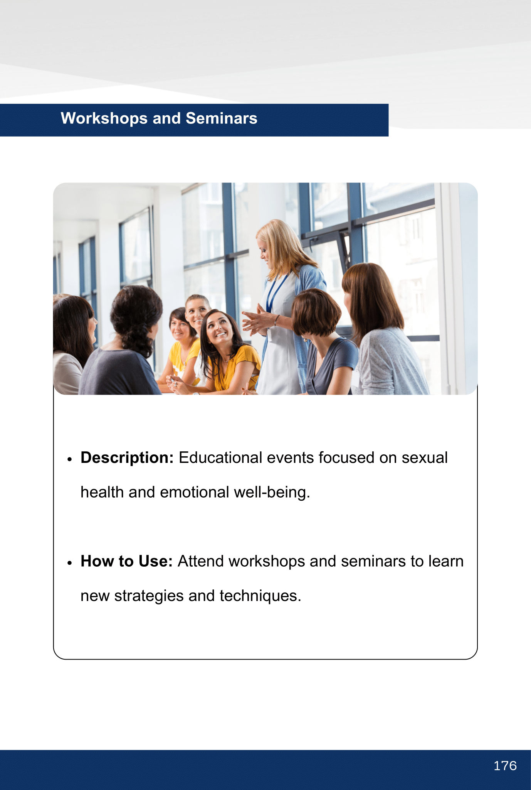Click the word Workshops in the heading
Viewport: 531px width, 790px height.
tap(104, 118)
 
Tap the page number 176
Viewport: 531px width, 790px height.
tap(505, 766)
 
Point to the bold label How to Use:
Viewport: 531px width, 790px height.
tap(126, 561)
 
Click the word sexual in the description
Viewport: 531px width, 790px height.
tap(425, 458)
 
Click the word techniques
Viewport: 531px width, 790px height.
tap(260, 596)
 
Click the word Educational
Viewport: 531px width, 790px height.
tap(220, 458)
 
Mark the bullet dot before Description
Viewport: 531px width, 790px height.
tap(69, 459)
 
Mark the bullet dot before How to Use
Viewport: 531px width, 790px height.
tap(69, 563)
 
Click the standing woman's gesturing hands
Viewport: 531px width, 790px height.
tap(256, 322)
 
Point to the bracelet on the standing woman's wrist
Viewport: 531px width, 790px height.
tap(276, 320)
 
